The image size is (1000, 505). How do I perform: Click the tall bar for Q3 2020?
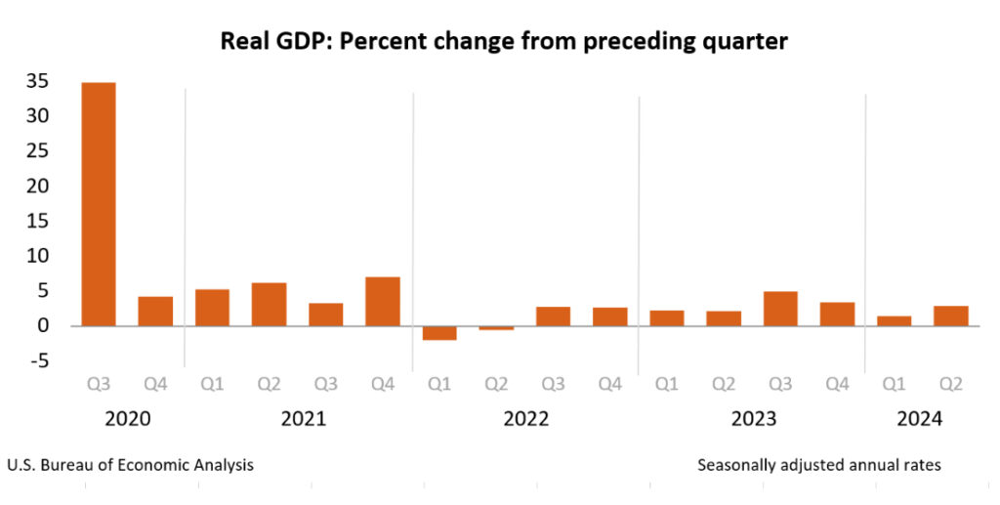pos(98,203)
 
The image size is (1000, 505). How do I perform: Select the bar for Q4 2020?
pos(155,311)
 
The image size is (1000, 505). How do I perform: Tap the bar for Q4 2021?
pos(383,301)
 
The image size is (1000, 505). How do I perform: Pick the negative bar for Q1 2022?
pos(439,332)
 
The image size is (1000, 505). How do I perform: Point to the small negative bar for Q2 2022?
pos(496,328)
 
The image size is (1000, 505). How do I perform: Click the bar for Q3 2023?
pos(780,308)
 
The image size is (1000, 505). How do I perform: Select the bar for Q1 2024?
pos(894,320)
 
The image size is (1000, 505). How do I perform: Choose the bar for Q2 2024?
pos(950,316)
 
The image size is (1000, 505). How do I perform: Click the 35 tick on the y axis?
pos(37,81)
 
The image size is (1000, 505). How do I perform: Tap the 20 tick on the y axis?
pos(37,186)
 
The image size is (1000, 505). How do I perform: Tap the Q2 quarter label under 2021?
pos(269,384)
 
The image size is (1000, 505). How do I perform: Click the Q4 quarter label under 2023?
pos(837,384)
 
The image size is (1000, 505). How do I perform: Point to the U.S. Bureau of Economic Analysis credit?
pos(130,465)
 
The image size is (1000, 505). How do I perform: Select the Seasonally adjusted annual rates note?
pos(819,465)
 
